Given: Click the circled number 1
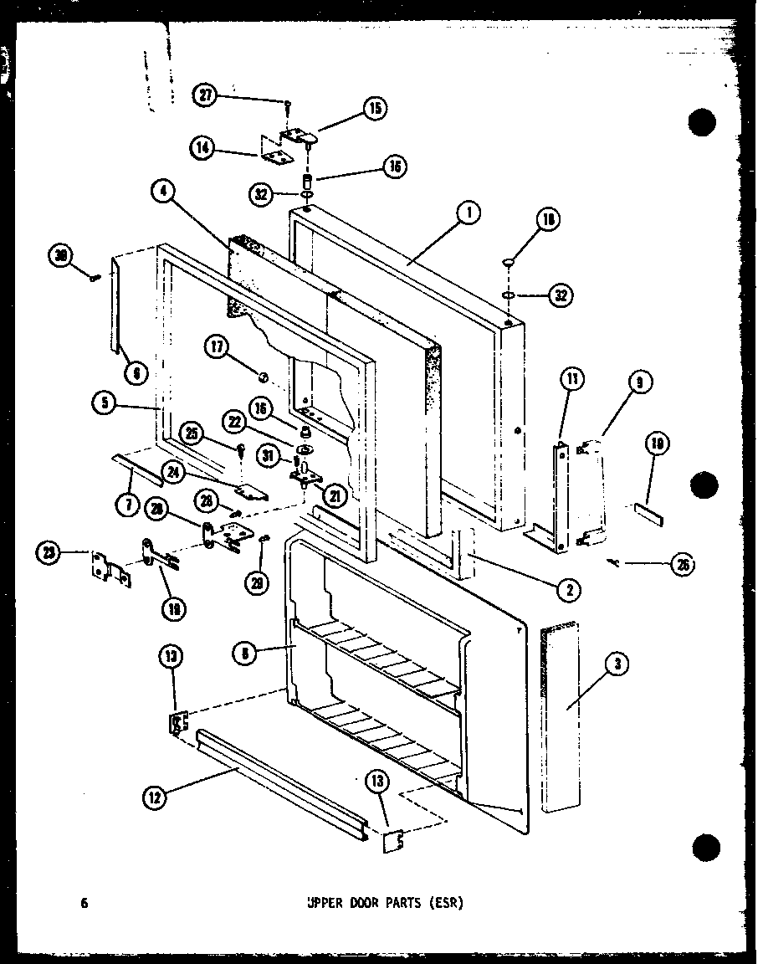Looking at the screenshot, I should [469, 213].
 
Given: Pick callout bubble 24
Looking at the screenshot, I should [176, 473].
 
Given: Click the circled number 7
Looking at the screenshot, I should [131, 506].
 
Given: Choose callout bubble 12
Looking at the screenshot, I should [155, 797].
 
